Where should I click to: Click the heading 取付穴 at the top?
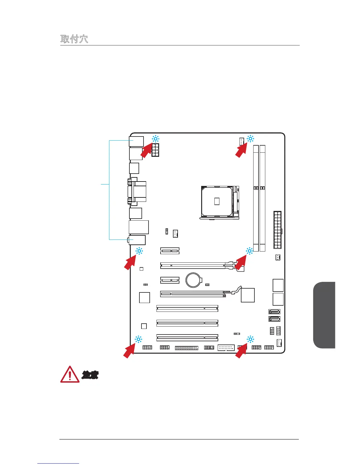click(x=74, y=39)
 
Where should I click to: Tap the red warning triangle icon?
click(x=70, y=375)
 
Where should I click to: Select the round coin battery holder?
click(x=194, y=280)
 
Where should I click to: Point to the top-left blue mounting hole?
click(x=155, y=139)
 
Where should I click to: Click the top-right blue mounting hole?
click(x=250, y=139)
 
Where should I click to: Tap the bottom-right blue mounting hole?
click(x=250, y=339)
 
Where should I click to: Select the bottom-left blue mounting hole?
click(x=138, y=339)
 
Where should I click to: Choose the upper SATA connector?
click(x=274, y=312)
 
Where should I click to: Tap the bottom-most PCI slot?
click(x=187, y=337)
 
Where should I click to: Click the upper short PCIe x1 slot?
click(x=170, y=251)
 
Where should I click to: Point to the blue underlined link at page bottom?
click(x=58, y=463)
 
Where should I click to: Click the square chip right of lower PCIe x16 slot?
click(x=248, y=295)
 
